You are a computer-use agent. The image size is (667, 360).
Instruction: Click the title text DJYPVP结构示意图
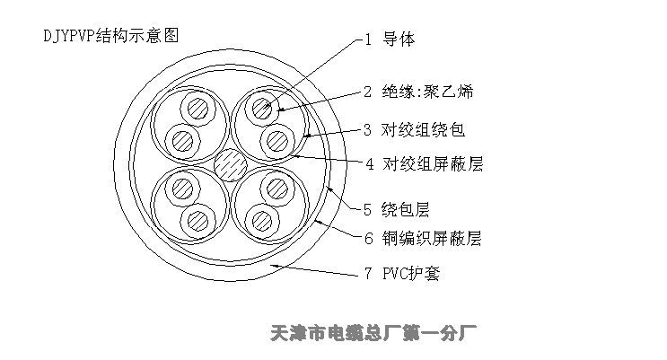pyautogui.click(x=111, y=36)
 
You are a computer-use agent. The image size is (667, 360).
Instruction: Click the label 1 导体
pyautogui.click(x=390, y=40)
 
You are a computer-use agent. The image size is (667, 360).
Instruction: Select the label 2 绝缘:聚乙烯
pyautogui.click(x=418, y=92)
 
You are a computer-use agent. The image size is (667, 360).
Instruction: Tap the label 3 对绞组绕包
pyautogui.click(x=414, y=130)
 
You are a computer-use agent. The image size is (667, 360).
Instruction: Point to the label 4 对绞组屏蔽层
pyautogui.click(x=424, y=163)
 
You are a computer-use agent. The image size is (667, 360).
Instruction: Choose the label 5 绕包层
pyautogui.click(x=396, y=209)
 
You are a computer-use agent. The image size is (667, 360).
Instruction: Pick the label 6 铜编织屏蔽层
pyautogui.click(x=423, y=238)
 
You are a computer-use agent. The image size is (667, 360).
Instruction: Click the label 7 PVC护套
pyautogui.click(x=402, y=273)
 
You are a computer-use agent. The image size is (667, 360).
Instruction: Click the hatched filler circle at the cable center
pyautogui.click(x=231, y=164)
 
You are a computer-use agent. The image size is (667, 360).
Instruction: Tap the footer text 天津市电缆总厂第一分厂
pyautogui.click(x=373, y=333)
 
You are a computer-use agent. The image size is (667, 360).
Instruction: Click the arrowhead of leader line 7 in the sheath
pyautogui.click(x=275, y=266)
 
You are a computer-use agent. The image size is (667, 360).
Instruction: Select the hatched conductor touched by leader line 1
pyautogui.click(x=262, y=108)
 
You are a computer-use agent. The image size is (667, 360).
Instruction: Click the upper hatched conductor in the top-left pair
pyautogui.click(x=198, y=108)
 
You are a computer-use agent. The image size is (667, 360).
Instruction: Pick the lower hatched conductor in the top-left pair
pyautogui.click(x=183, y=141)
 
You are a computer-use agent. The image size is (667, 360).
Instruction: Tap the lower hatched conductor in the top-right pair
pyautogui.click(x=277, y=141)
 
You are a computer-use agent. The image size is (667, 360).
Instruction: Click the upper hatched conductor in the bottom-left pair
pyautogui.click(x=183, y=189)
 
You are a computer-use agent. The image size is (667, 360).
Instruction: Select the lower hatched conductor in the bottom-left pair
pyautogui.click(x=198, y=221)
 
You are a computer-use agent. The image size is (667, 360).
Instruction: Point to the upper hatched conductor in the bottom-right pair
pyautogui.click(x=277, y=189)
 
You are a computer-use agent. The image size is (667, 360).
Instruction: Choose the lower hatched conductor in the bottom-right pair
pyautogui.click(x=262, y=221)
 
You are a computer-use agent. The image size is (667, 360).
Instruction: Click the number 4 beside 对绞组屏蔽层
pyautogui.click(x=369, y=164)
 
